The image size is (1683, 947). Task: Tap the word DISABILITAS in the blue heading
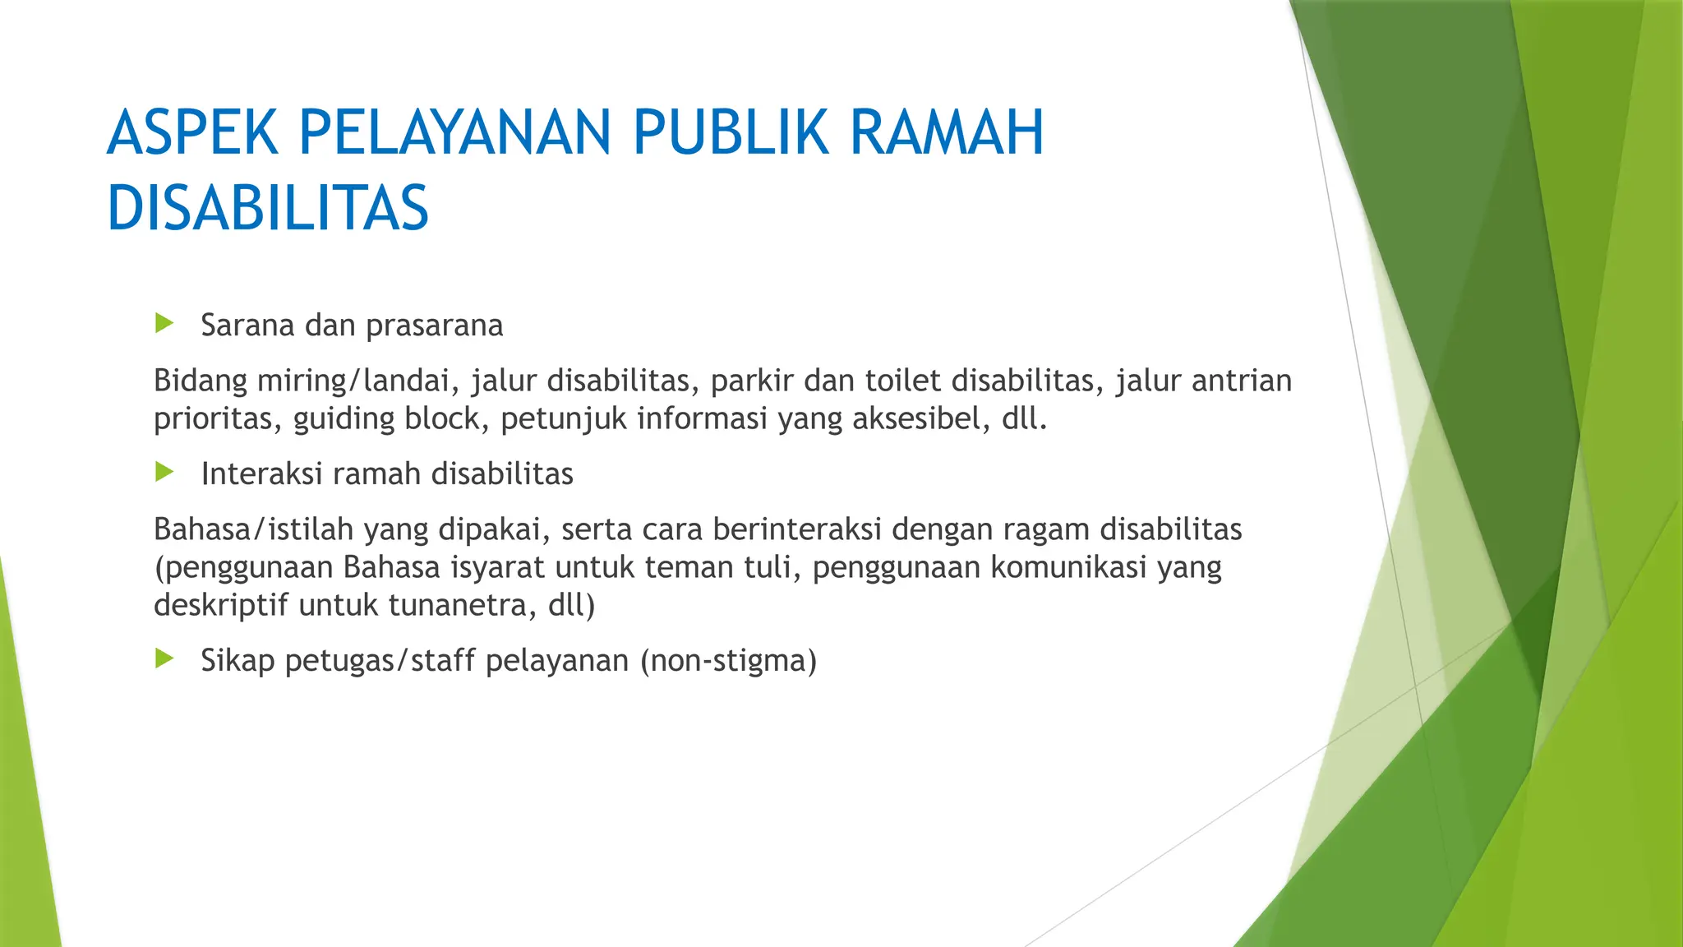tap(268, 208)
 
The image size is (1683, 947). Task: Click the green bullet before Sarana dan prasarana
tap(164, 323)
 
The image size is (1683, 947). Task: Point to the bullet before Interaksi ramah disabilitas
tap(164, 472)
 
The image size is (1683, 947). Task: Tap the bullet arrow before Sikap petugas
tap(164, 658)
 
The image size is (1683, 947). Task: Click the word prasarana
tap(434, 326)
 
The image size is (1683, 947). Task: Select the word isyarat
tap(502, 568)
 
